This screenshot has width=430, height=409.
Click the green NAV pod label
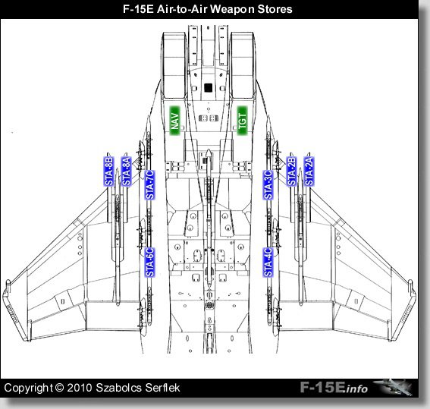coord(174,121)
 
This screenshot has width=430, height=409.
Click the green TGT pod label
coord(242,121)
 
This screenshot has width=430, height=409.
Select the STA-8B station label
coord(109,171)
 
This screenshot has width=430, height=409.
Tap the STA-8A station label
coord(127,171)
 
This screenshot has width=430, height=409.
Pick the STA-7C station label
coord(149,185)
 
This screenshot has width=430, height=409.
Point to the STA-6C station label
coord(149,263)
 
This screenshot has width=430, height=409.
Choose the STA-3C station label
coord(268,185)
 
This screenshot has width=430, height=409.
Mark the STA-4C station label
coord(268,263)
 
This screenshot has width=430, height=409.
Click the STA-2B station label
coord(291,171)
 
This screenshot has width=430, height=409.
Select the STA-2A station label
coord(309,171)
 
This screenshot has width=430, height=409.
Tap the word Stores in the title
coord(275,9)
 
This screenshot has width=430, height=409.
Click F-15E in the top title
coord(138,9)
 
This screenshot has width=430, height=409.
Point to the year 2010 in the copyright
coord(80,388)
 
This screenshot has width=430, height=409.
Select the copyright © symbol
coord(59,388)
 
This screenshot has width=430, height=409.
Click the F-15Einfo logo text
coord(334,388)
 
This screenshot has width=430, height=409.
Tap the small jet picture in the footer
coord(393,387)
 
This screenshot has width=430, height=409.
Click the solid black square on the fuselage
coord(209,88)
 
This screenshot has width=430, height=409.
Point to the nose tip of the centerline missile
coord(209,149)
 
